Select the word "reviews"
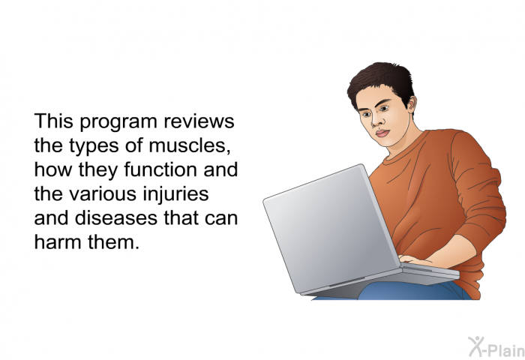(x=199, y=121)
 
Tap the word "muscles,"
(x=190, y=145)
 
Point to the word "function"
(x=160, y=169)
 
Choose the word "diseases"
(x=115, y=217)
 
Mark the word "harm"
(x=58, y=241)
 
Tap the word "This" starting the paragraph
(x=53, y=121)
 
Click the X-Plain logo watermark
(x=496, y=347)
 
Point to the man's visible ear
(x=412, y=103)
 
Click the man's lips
(x=382, y=133)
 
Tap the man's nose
(x=376, y=121)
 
